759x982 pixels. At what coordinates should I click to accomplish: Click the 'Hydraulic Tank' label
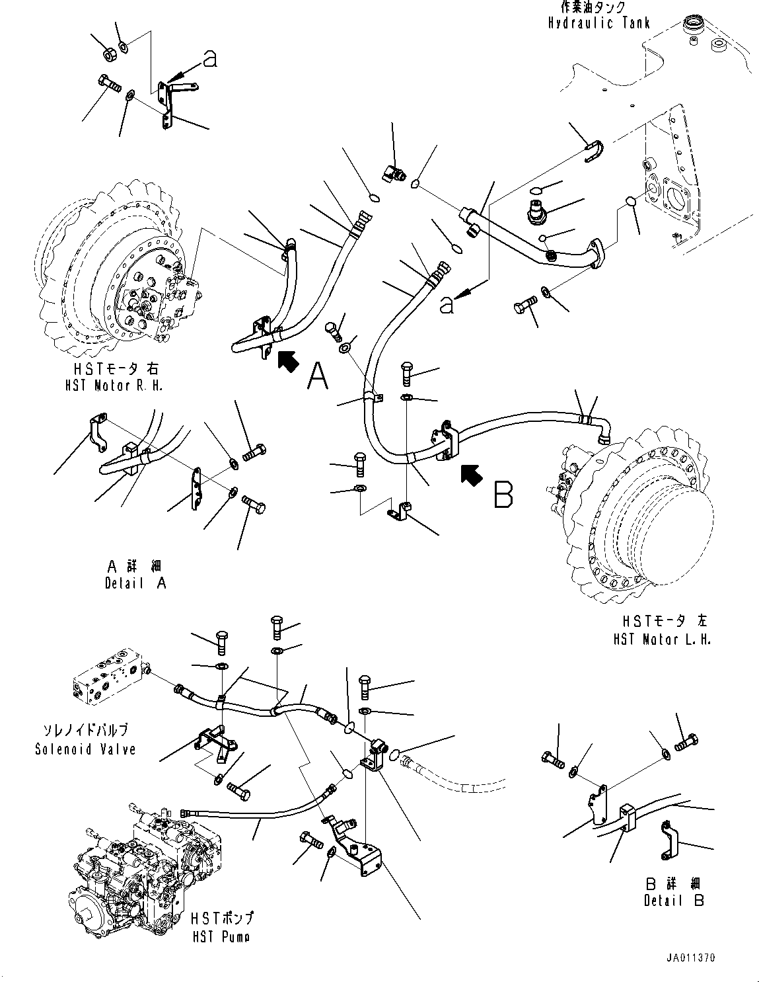point(598,23)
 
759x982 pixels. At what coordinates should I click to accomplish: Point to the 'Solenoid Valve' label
point(85,749)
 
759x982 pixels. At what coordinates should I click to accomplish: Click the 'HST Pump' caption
point(221,936)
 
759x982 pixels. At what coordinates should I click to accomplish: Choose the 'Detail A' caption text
point(135,583)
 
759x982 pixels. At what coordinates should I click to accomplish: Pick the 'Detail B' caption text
point(673,900)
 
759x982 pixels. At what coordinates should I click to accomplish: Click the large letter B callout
point(503,493)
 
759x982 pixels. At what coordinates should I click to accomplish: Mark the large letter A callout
point(318,377)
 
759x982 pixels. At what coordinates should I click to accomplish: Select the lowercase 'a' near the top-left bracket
point(209,60)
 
